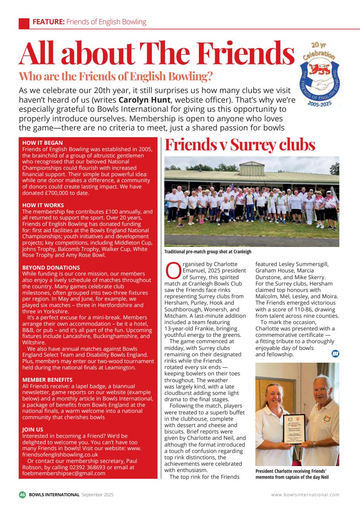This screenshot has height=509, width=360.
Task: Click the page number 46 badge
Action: pos(22,495)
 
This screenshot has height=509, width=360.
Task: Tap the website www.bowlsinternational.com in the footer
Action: pos(305,495)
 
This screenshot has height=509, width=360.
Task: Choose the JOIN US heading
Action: pos(33,429)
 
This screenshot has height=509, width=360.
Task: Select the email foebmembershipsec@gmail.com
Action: pos(64,473)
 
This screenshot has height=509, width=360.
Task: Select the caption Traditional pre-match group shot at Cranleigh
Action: pos(208,252)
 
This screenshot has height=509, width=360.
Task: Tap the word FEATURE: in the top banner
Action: pos(48,22)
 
